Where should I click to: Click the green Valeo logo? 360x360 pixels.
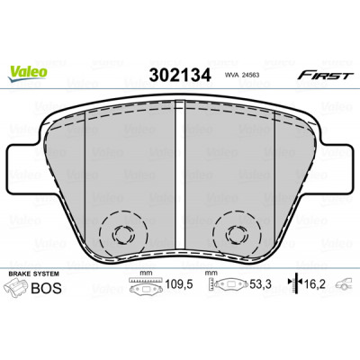point(28,73)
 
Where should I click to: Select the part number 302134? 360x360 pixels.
point(180,75)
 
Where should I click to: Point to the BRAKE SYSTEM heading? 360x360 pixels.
point(34,274)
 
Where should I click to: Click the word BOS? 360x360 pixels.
point(47,288)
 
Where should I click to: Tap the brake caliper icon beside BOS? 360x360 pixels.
point(17,287)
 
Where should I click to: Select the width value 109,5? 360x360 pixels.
point(179,284)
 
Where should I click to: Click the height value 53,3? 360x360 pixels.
point(260,284)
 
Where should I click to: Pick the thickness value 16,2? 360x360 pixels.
point(315,283)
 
